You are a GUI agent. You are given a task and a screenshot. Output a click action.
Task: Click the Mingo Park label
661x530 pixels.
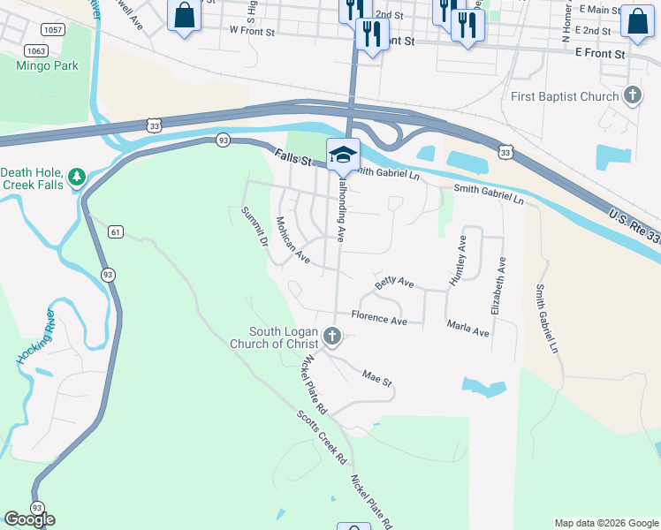pyautogui.click(x=47, y=65)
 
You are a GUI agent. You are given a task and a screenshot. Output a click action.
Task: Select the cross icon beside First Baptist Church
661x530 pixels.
pyautogui.click(x=632, y=95)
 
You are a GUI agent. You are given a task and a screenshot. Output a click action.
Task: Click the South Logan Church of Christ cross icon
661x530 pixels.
pyautogui.click(x=332, y=336)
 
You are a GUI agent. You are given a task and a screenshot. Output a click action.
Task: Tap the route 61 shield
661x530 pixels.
pyautogui.click(x=116, y=232)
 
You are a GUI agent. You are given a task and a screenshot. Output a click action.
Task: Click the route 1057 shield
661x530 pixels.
pyautogui.click(x=52, y=29)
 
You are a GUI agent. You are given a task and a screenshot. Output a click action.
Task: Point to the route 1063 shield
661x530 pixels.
pyautogui.click(x=36, y=50)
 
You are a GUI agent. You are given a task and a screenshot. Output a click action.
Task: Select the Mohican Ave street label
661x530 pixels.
pyautogui.click(x=293, y=240)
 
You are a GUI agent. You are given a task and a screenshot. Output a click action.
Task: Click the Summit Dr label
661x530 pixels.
pyautogui.click(x=255, y=226)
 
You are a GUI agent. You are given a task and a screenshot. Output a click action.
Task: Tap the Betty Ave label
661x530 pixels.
pyautogui.click(x=394, y=283)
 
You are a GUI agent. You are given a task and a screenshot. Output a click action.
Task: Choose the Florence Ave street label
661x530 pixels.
pyautogui.click(x=379, y=317)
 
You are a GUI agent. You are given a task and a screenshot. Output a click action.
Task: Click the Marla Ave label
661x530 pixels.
pyautogui.click(x=467, y=328)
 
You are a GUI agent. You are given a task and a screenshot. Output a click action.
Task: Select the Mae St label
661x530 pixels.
pyautogui.click(x=376, y=377)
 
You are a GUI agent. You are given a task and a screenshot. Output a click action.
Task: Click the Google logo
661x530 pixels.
pyautogui.click(x=29, y=519)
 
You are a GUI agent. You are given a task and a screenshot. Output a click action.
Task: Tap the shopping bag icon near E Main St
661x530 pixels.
pyautogui.click(x=636, y=21)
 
